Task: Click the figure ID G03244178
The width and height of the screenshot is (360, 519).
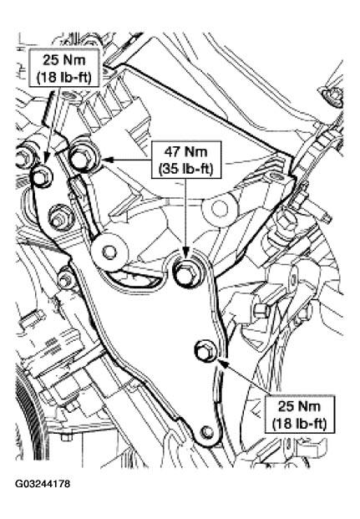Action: click(43, 484)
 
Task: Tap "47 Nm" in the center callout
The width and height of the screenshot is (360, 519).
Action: click(185, 152)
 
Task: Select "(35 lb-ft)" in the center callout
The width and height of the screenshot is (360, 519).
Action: click(185, 169)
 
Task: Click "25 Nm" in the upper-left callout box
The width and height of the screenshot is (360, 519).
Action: click(63, 60)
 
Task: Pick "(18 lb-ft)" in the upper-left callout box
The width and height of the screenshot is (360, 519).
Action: click(63, 78)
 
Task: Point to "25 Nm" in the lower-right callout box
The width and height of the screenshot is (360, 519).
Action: click(300, 406)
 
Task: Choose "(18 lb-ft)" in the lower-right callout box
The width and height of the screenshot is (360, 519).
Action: click(300, 424)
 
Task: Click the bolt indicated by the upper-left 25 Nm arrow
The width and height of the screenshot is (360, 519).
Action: click(42, 177)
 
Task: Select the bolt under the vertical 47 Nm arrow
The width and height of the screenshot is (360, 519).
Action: click(186, 272)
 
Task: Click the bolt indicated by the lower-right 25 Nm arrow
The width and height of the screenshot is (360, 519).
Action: click(205, 351)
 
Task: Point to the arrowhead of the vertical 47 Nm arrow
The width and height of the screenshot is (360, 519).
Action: click(186, 252)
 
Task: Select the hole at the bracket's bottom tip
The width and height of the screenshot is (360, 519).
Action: click(207, 431)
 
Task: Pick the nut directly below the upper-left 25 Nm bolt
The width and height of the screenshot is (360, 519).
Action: click(60, 216)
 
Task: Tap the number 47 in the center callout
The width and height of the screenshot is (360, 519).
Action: click(172, 152)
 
